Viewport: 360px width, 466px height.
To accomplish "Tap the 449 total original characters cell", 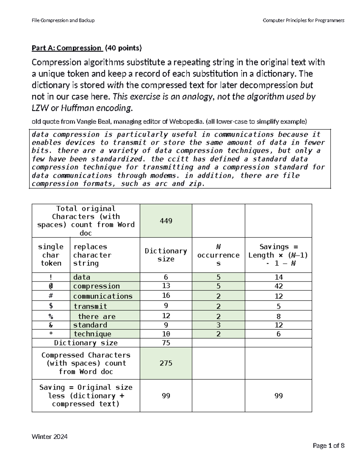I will pos(166,221).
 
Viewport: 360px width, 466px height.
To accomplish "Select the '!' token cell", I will pos(51,277).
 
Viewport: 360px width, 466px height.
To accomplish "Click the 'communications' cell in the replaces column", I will pos(103,296).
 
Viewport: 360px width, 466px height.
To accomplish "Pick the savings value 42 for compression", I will pos(278,286).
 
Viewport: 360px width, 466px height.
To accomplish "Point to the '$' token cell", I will pos(51,306).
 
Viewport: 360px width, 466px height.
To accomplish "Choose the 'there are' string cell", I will pos(97,317).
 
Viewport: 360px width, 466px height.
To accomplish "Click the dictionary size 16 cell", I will pos(166,296).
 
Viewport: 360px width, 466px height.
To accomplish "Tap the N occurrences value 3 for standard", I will pos(218,325).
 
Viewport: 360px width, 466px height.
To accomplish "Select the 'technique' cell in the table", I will pos(92,334).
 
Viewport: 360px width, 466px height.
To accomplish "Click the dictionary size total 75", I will pos(166,343).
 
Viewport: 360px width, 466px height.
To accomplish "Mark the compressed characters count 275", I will pos(166,363).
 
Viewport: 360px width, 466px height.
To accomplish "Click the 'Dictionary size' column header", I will pos(166,255).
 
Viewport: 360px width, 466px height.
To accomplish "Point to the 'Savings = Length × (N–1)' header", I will pos(278,255).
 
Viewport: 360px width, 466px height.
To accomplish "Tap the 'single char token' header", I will pos(51,255).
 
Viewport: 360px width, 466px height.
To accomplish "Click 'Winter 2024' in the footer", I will pos(49,437).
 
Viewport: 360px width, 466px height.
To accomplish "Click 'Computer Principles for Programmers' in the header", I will pos(303,20).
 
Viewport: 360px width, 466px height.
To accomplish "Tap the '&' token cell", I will pos(51,325).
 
